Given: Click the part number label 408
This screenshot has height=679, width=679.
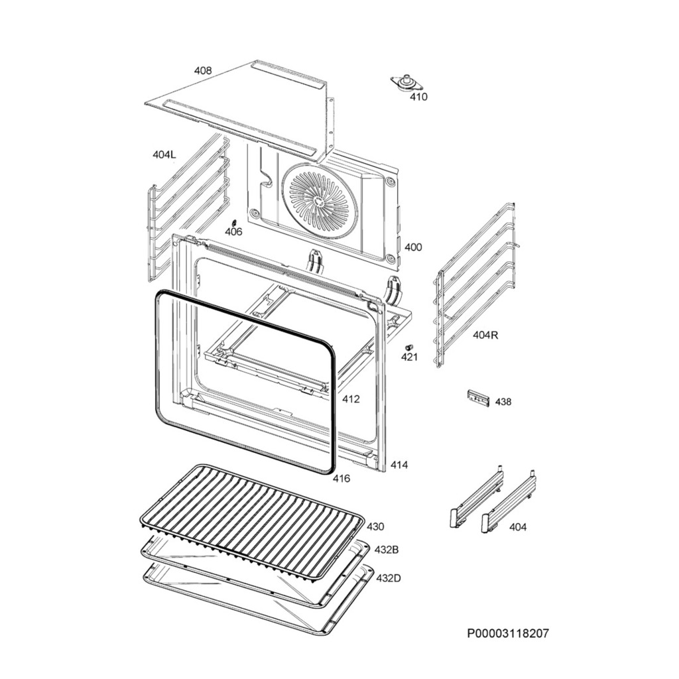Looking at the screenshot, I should (203, 70).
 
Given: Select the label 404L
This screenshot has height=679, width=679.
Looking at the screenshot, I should (164, 154).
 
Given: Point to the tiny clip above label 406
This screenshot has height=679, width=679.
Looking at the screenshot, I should (233, 222).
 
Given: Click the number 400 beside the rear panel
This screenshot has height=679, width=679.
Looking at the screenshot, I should (412, 247).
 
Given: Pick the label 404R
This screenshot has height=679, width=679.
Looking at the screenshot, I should (485, 335).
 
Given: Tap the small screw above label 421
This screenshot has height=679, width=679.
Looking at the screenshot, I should (409, 347).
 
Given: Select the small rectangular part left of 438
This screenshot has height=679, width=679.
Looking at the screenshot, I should (478, 398).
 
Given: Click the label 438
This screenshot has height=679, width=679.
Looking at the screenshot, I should (503, 402).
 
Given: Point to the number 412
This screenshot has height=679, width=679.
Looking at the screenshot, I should (351, 399).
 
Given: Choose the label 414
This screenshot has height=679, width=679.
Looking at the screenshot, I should (399, 465).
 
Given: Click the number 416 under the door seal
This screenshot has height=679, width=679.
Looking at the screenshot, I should (341, 478).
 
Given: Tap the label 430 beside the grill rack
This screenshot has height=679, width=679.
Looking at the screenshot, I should (375, 526).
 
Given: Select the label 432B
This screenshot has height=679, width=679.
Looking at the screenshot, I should (387, 550).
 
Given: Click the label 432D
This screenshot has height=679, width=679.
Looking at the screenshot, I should (388, 578).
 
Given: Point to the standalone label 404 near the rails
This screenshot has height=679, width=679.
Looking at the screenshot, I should (518, 527).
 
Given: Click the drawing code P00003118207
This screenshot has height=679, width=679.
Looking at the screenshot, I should (508, 633).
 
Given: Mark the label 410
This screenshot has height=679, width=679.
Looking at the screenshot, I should (418, 97).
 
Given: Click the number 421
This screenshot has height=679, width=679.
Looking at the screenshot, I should (409, 357).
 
